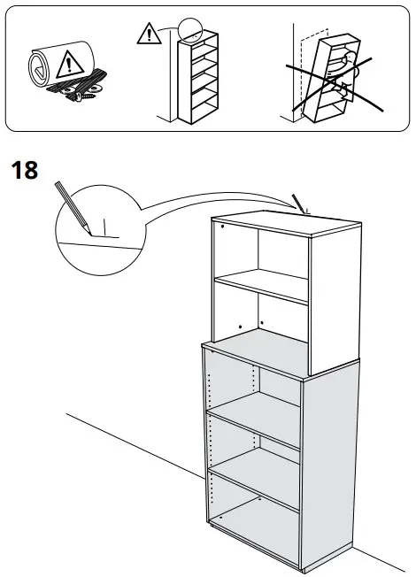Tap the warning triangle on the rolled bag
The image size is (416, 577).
point(65,65)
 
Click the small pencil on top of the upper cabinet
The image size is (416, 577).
point(301,204)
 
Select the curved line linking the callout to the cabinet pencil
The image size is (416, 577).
point(204,205)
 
